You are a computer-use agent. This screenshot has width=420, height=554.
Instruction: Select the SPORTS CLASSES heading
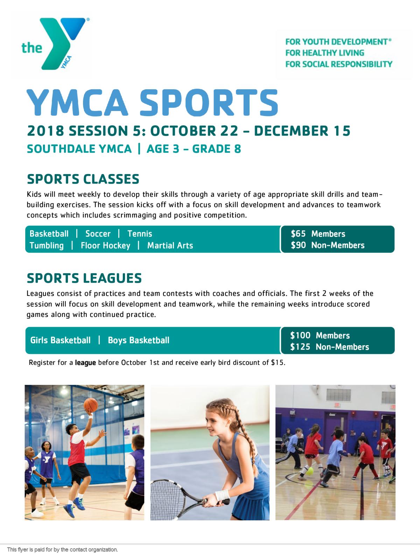83,179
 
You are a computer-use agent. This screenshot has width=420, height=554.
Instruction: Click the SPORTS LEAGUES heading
84,278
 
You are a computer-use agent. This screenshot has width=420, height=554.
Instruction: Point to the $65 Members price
318,234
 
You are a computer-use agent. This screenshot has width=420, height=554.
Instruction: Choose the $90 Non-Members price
328,245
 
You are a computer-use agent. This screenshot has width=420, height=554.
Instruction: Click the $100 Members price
320,335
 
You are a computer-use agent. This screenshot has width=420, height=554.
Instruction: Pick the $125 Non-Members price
329,347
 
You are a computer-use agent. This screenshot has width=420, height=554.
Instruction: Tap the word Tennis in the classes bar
140,234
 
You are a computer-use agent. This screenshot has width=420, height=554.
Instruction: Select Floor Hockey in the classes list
105,245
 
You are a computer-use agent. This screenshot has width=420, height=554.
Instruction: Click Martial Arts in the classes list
170,245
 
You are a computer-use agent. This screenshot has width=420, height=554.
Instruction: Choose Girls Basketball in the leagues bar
60,340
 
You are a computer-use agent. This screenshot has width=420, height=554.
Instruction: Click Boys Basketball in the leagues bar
139,340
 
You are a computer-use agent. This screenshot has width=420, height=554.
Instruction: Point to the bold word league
85,362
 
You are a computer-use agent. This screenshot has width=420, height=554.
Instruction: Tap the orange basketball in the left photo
91,405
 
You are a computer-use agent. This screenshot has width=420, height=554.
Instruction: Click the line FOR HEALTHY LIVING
325,53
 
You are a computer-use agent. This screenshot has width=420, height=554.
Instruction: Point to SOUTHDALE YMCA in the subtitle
79,149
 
